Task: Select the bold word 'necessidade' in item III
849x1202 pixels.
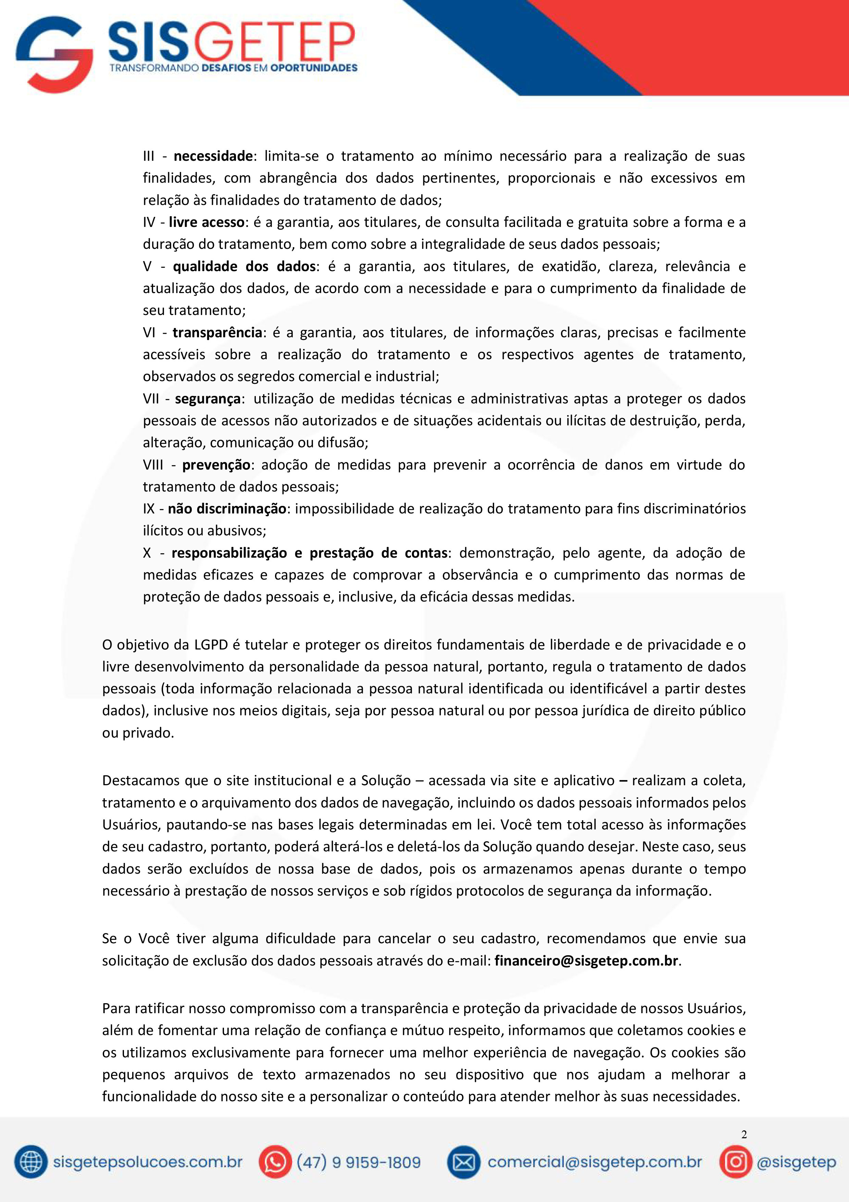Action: pos(213,156)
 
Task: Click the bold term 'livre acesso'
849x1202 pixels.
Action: pos(207,222)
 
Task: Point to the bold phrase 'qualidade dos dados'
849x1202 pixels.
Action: pos(244,266)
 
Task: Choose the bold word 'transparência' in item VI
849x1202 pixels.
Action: pos(217,332)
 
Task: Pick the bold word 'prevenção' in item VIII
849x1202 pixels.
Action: pos(216,464)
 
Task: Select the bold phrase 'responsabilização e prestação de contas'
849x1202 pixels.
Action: pos(309,553)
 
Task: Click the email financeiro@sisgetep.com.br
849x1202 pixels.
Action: pos(586,961)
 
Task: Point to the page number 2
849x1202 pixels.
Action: pos(744,1134)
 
